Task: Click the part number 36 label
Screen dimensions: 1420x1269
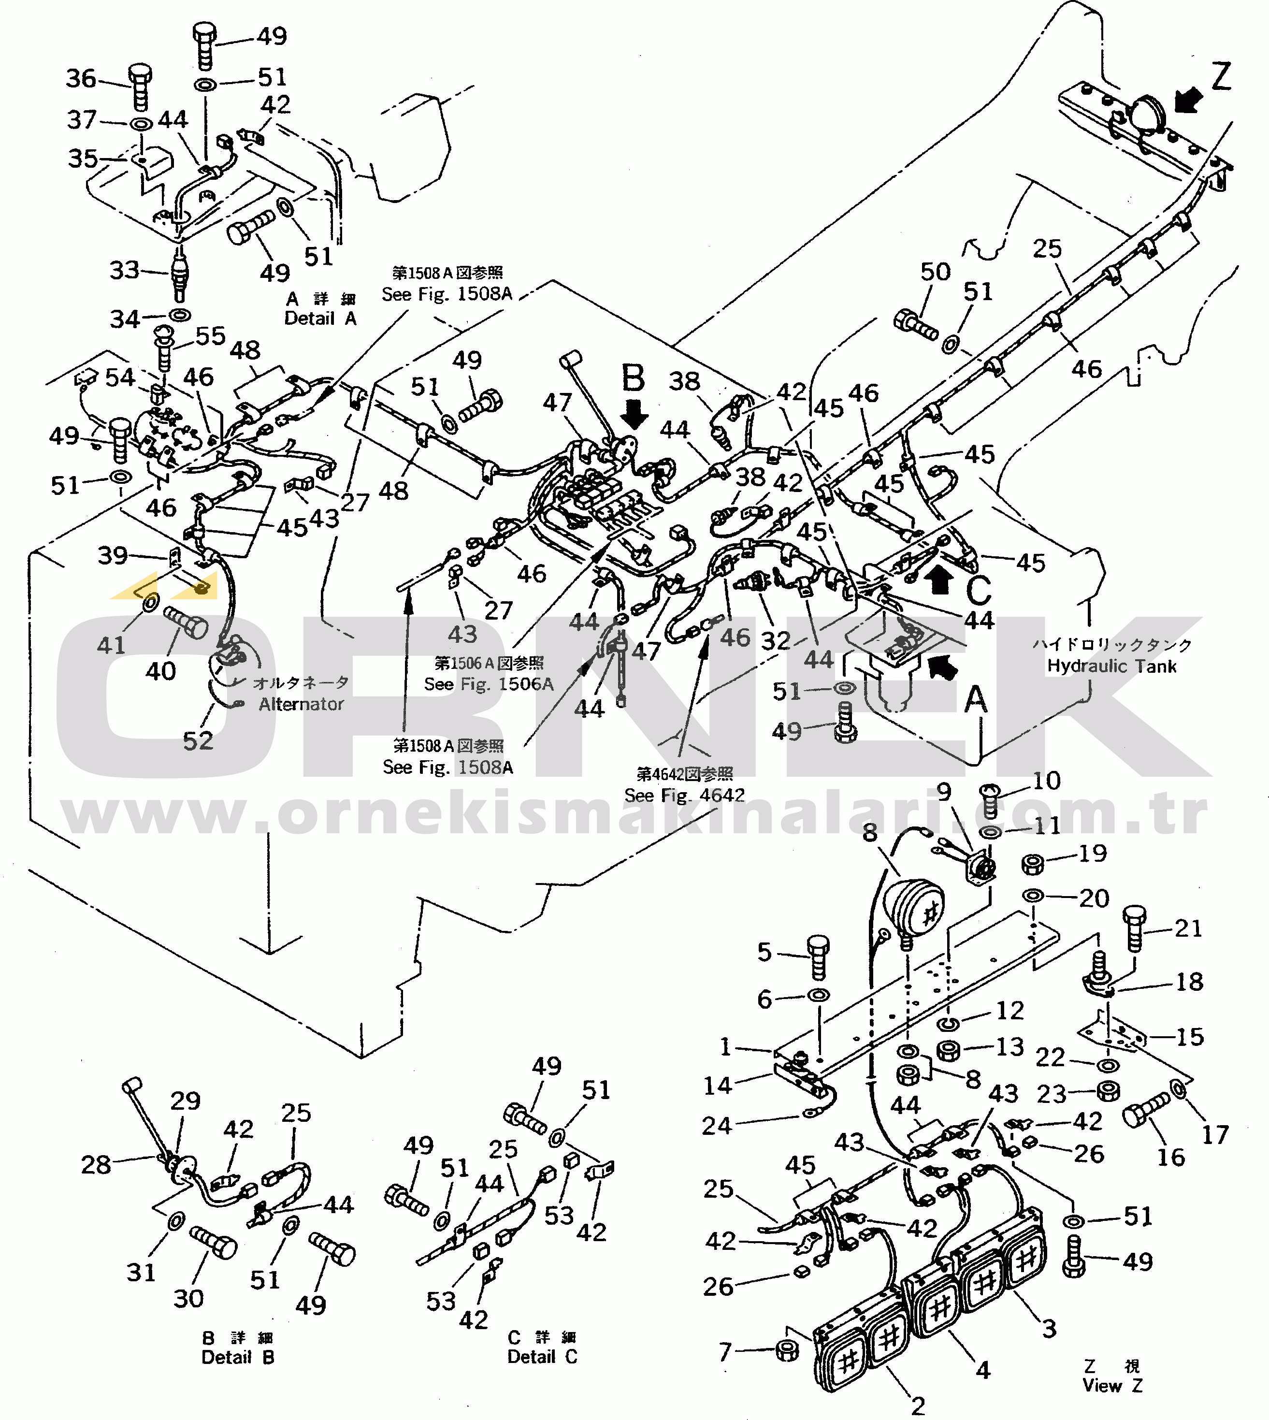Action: [x=81, y=78]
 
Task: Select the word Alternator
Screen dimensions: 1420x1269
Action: [x=301, y=704]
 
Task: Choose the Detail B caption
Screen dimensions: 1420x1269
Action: [x=238, y=1357]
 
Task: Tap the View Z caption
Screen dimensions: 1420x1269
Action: [x=1112, y=1385]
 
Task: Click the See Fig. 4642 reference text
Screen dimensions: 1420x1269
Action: [x=684, y=795]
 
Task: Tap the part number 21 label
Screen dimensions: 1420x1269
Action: [x=1188, y=928]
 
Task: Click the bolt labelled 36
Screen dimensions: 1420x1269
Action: [x=140, y=87]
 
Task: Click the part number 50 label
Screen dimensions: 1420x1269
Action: [x=935, y=271]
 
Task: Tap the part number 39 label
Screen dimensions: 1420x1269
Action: [x=112, y=555]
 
